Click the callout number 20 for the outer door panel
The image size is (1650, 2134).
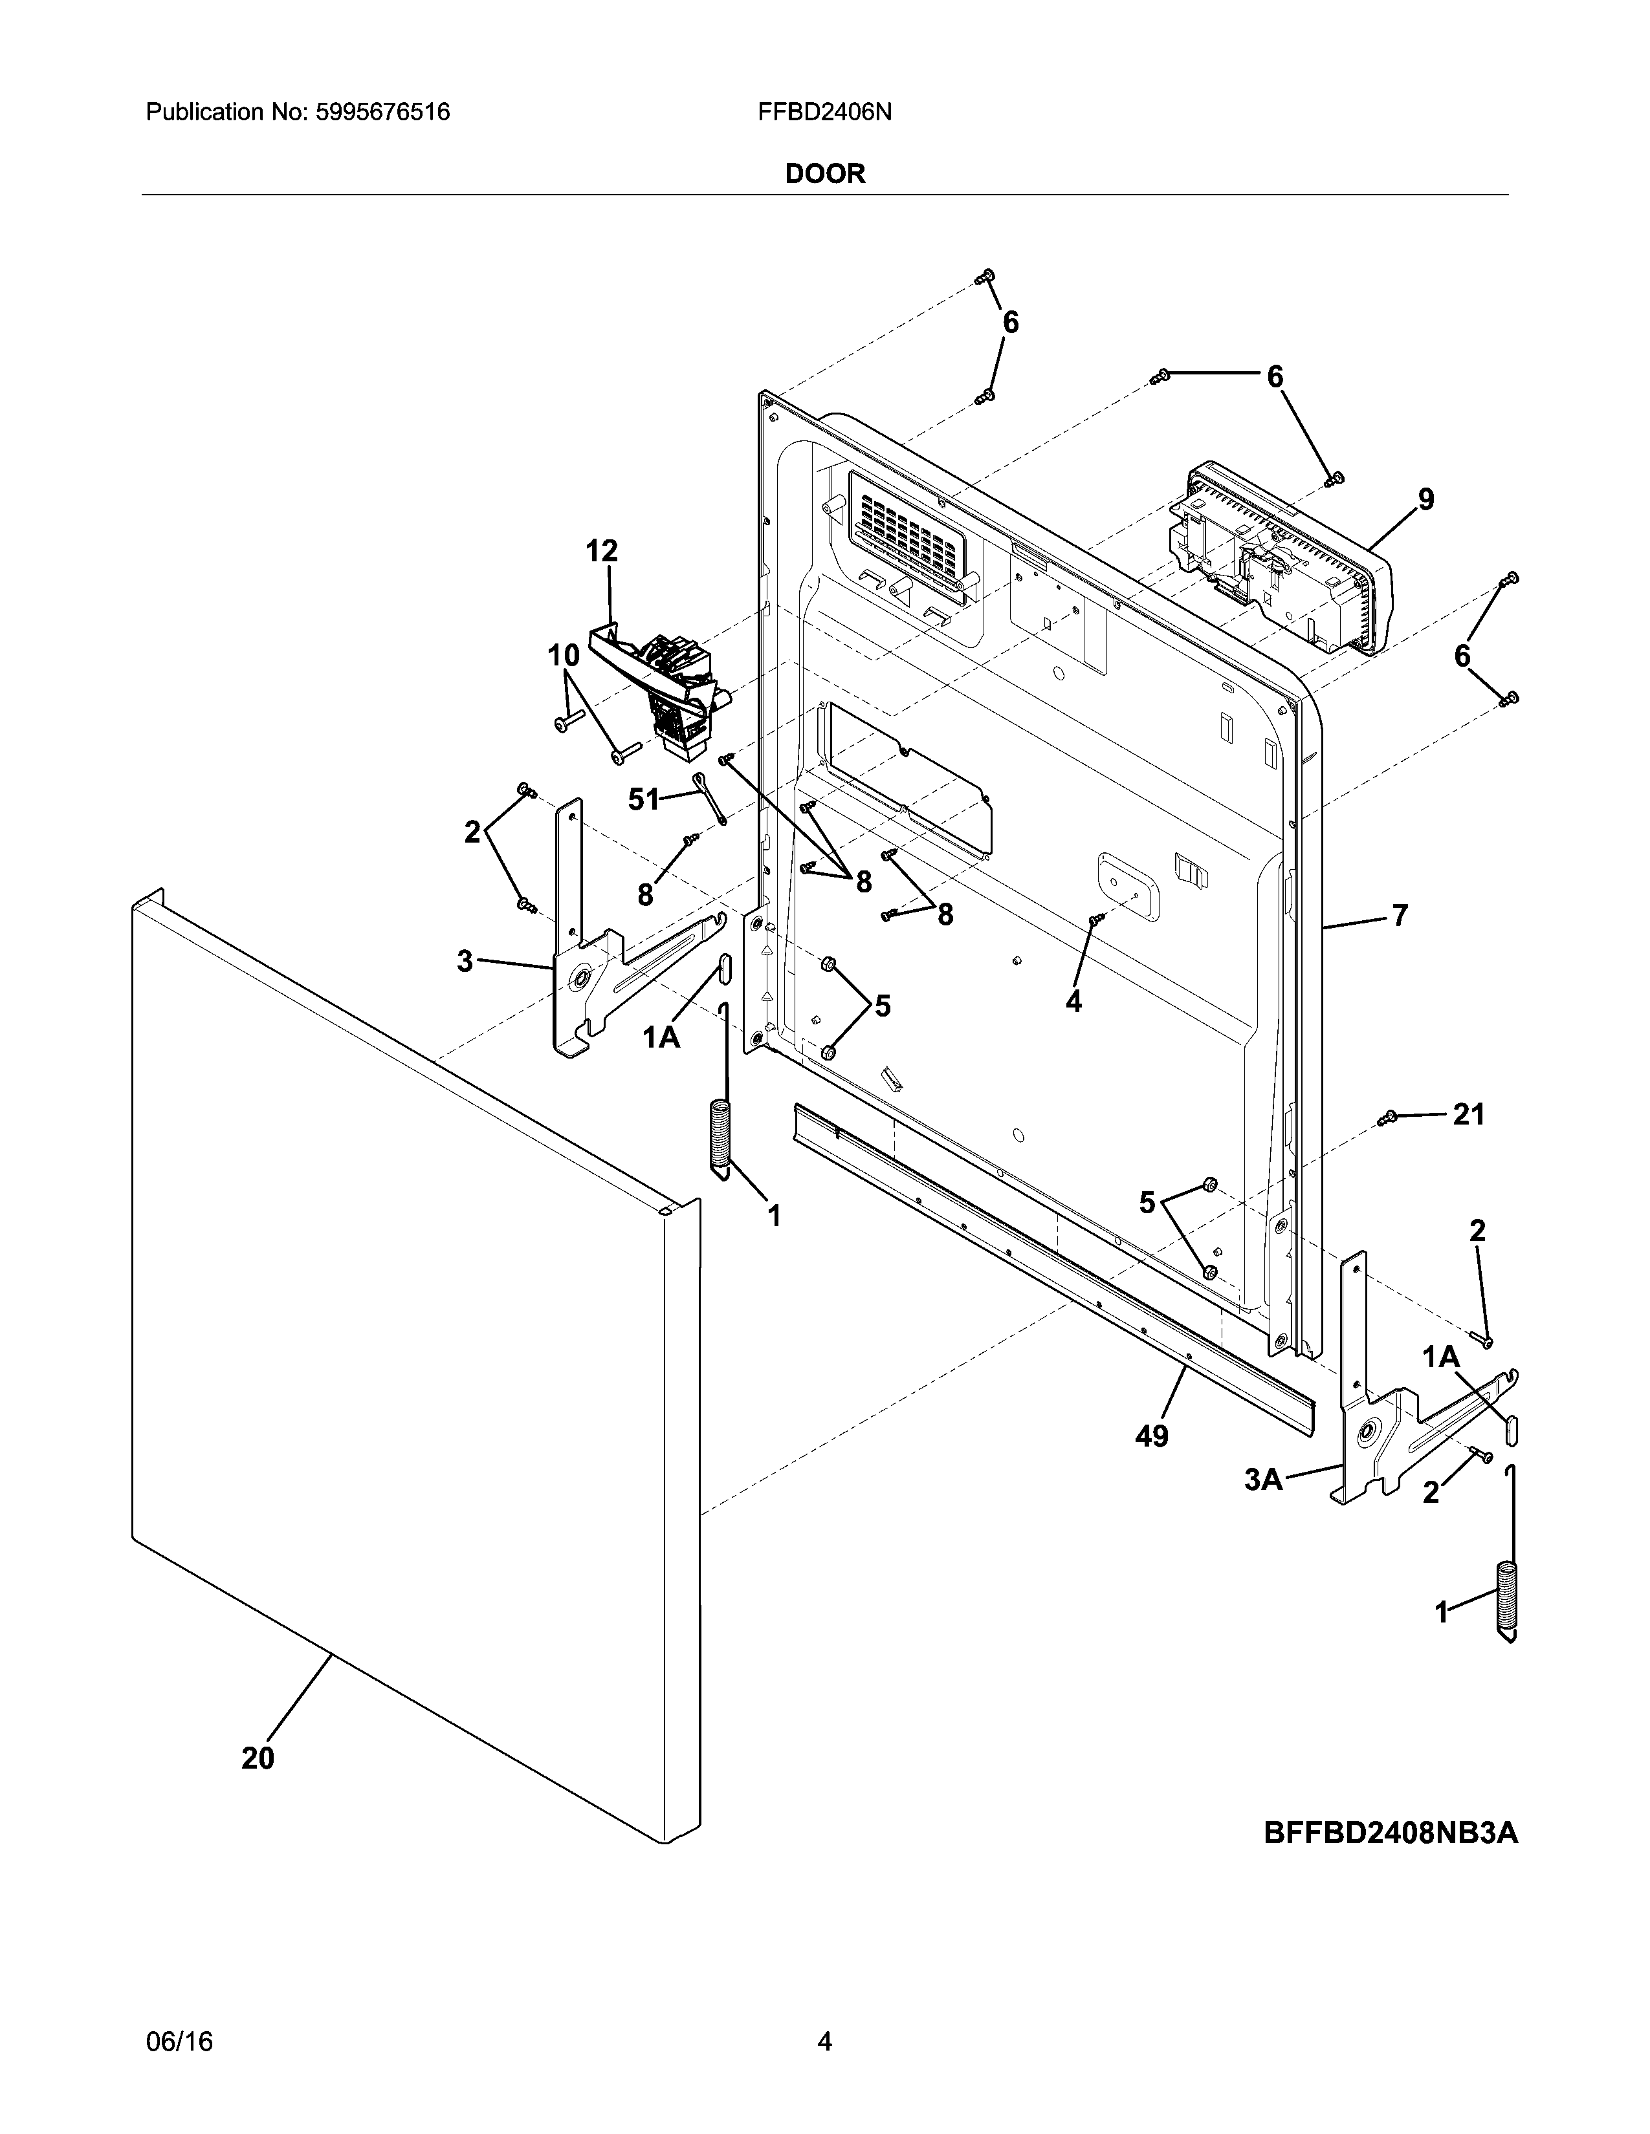coord(258,1758)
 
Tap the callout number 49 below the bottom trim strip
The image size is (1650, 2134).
coord(1152,1436)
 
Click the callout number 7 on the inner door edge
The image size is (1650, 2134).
coord(1400,916)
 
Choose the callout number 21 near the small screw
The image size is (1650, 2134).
coord(1468,1114)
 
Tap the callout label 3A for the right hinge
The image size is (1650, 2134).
coord(1263,1480)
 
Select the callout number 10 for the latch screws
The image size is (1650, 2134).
coord(563,656)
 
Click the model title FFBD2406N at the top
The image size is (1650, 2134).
coord(824,113)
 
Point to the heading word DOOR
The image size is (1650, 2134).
coord(825,174)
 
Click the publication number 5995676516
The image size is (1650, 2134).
coord(382,113)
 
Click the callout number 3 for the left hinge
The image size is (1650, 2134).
coord(465,962)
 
